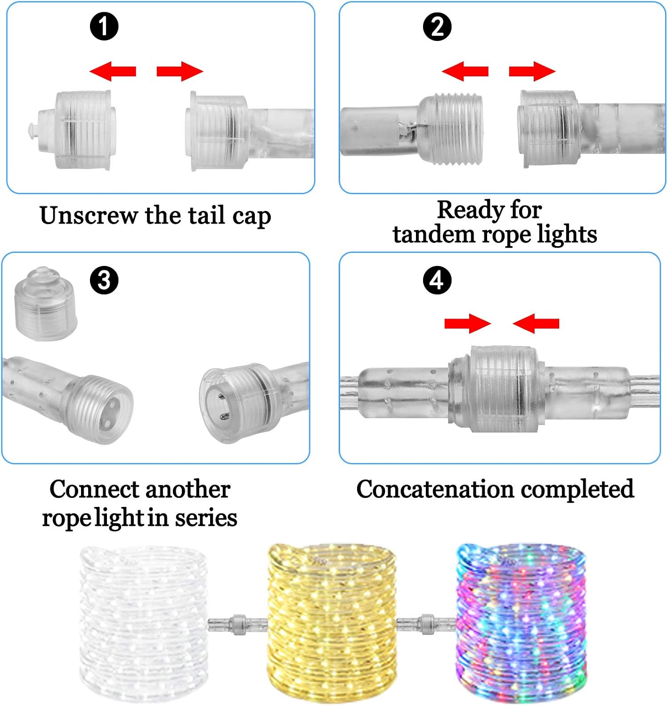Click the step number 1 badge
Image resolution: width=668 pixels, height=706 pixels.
(104, 26)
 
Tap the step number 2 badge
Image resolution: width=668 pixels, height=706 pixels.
(437, 26)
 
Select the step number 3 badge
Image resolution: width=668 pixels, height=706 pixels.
(104, 280)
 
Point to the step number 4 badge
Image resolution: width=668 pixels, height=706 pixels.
(437, 280)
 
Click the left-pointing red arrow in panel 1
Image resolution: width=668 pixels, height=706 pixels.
(113, 71)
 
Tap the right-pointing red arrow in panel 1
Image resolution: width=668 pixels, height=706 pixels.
(180, 71)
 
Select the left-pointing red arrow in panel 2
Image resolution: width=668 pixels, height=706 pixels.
(465, 71)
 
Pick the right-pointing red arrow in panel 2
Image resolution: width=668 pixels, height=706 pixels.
(532, 71)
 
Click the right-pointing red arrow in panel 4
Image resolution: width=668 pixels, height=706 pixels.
(468, 323)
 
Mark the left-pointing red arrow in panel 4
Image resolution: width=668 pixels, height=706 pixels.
(536, 323)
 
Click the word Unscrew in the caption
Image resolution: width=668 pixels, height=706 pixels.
(89, 216)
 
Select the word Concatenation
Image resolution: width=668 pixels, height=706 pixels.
(435, 489)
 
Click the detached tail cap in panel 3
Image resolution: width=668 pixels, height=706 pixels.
(45, 304)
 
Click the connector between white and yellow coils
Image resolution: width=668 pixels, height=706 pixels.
(237, 624)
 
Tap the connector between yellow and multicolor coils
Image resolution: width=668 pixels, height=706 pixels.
(426, 624)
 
